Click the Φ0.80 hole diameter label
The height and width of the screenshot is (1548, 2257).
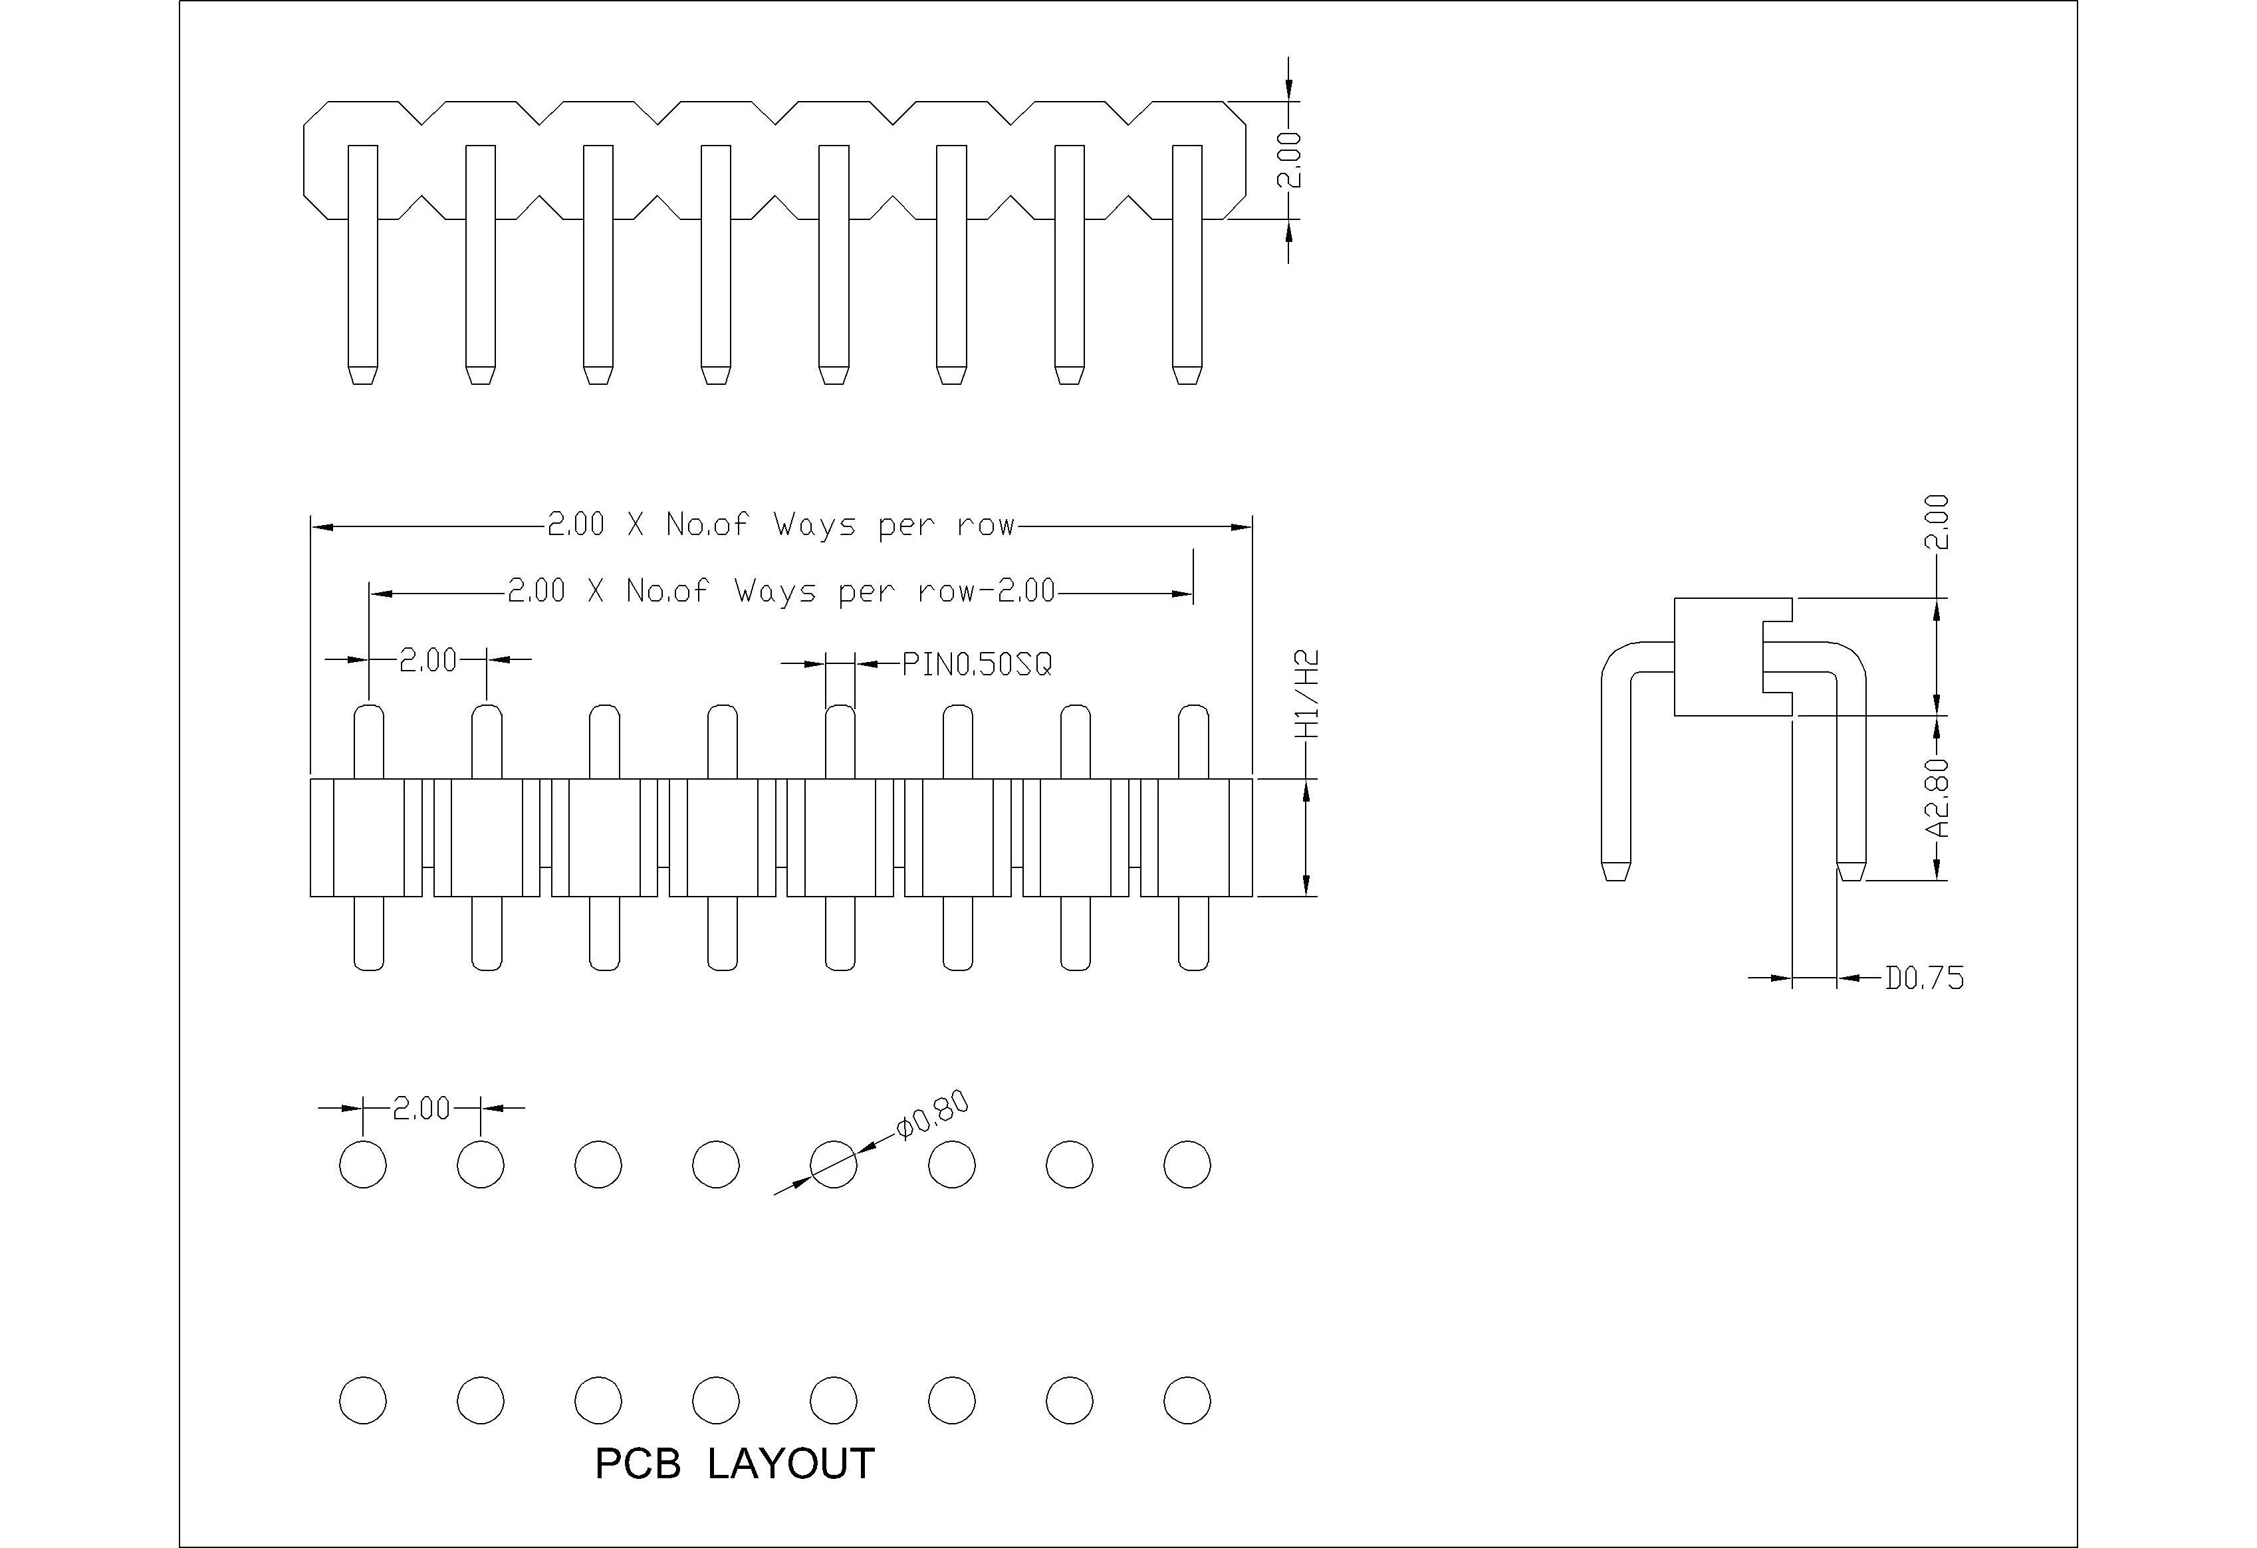pos(931,1117)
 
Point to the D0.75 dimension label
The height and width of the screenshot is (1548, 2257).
pos(1924,978)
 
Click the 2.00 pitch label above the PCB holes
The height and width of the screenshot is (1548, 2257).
pos(421,1108)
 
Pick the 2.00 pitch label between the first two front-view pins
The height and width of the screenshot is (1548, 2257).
pos(428,661)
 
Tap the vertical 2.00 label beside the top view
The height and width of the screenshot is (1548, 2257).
pos(1289,160)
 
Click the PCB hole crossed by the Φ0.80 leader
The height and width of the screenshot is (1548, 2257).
pos(833,1163)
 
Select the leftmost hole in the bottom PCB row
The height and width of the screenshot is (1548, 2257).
pos(362,1400)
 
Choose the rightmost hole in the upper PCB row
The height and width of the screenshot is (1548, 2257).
pos(1187,1163)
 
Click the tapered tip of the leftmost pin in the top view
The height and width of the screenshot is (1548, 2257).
pos(362,375)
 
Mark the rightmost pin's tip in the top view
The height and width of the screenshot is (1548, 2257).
pos(1187,375)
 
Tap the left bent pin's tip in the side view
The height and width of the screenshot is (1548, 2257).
pos(1614,871)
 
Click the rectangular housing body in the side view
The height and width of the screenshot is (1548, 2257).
pos(1717,657)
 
